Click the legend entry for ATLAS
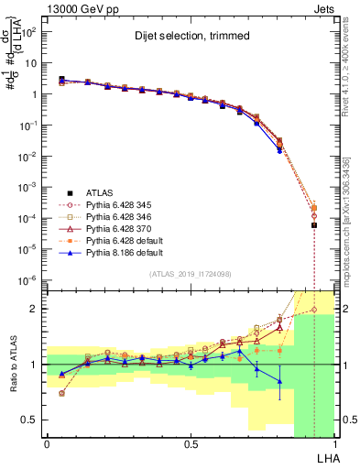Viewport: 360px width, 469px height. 100,192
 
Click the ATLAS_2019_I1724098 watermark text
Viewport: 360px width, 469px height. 191,275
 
